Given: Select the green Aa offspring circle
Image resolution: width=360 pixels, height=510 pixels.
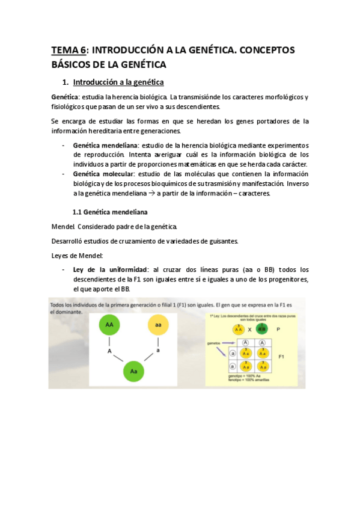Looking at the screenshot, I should (134, 371).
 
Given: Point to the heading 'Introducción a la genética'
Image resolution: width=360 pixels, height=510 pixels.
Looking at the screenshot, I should (118, 82).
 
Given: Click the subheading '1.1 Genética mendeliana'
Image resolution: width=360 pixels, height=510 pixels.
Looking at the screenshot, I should (110, 212).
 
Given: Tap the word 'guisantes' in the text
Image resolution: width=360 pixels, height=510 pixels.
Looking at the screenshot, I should (221, 241).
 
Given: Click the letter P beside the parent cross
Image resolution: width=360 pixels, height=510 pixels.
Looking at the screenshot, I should (278, 330).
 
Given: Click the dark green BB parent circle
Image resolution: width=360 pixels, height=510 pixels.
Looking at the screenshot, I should (261, 330).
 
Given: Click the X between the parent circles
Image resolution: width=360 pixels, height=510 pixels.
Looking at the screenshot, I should (251, 330).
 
